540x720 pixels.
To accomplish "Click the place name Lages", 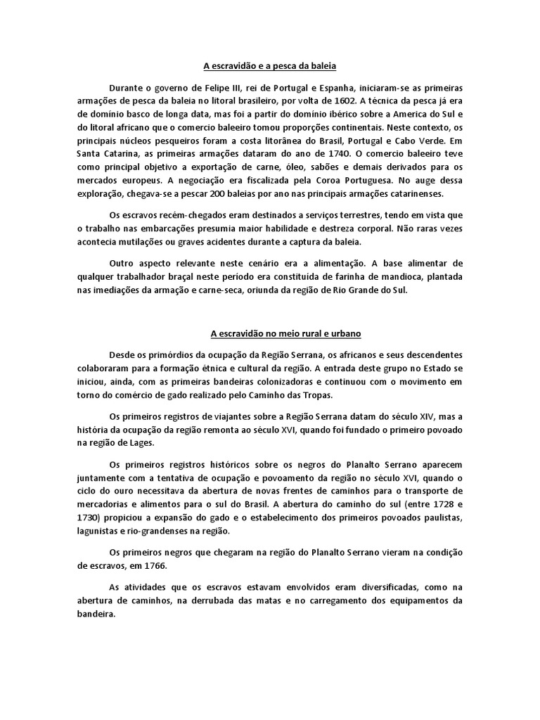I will tap(144, 443).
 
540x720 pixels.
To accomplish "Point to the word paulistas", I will tap(441, 517).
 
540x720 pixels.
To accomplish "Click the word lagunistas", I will tap(98, 531).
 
